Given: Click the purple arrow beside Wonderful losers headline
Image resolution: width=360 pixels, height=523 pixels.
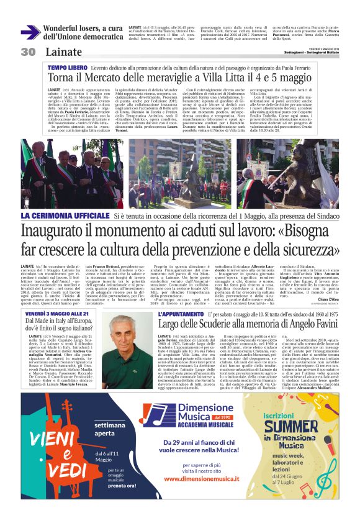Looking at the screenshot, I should pyautogui.click(x=30, y=32).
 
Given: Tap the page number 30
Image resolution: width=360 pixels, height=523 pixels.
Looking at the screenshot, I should pyautogui.click(x=28, y=51).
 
